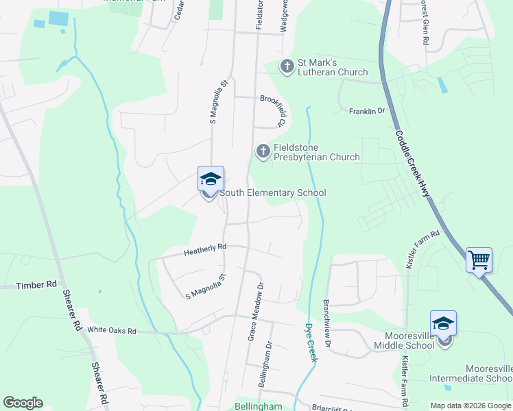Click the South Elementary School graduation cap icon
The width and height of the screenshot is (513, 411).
coord(211,179)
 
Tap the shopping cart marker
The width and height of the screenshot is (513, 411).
coord(479,260)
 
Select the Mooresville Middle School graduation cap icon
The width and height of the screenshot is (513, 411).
coord(444,323)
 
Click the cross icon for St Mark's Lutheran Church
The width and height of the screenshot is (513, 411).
coord(287,66)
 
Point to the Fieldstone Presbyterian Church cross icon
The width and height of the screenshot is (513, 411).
coord(263,151)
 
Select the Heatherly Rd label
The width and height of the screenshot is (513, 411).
coord(204,251)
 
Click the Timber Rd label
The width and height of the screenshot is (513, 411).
coord(37,284)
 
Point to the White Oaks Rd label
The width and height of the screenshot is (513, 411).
coord(112,331)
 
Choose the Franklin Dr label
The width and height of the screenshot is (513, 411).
coord(368,111)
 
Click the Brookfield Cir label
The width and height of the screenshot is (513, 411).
coord(272,110)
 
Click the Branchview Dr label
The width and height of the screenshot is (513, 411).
coord(327,323)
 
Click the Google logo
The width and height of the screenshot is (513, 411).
coord(23,403)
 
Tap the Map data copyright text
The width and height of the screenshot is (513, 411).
coord(470,406)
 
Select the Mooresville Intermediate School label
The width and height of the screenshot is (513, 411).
coord(470,373)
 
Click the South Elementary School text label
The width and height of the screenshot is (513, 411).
coord(272,193)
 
